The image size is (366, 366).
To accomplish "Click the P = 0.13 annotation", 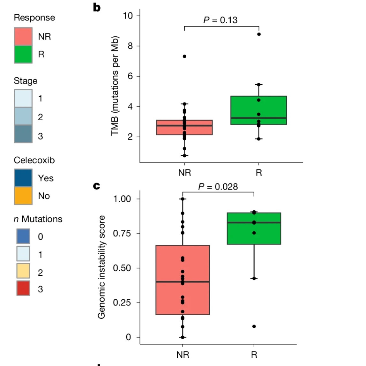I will point(220,20).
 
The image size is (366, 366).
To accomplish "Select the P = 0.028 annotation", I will point(218,187).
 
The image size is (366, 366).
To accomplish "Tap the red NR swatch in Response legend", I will point(23,36).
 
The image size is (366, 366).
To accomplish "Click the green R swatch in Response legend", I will point(23,54).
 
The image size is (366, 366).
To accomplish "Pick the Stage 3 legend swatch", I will point(23,134).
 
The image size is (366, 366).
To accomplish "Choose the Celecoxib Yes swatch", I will point(23,178).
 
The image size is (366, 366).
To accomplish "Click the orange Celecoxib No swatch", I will point(23,196).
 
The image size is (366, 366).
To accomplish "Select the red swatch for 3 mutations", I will point(23,288).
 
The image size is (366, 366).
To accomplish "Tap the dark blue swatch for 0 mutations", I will point(23,236).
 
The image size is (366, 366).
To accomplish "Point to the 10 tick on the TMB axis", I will point(129,16).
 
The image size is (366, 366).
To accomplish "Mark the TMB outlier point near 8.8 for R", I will point(259,34).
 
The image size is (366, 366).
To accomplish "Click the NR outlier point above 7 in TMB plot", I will point(184,56).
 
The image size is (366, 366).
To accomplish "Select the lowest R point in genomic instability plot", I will point(254,326).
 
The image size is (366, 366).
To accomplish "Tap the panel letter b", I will point(97,7).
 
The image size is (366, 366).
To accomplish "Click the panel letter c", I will point(96,186).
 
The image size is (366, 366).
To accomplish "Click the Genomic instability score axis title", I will point(101,267).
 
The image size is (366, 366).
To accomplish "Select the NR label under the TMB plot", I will point(184,173).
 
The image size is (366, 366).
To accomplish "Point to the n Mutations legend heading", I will point(38,219).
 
